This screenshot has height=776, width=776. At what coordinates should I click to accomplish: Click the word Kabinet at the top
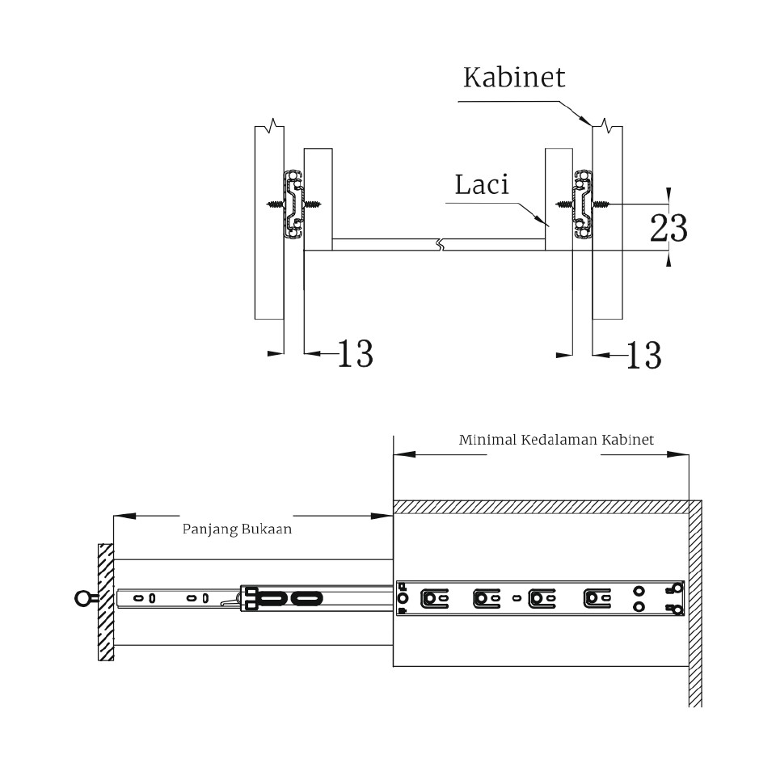(x=514, y=78)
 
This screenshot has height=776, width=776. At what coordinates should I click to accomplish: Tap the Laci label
(x=482, y=185)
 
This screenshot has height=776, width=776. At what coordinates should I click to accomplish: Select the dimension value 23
(x=668, y=229)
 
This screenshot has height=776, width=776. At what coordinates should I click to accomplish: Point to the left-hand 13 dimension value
(x=354, y=354)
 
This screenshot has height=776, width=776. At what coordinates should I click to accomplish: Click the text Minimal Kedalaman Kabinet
(x=556, y=441)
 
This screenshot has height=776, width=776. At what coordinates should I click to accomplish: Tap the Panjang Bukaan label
(x=236, y=530)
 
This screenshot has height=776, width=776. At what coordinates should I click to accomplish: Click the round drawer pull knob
(x=83, y=599)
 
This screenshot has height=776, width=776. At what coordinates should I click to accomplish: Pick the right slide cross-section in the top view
(x=581, y=205)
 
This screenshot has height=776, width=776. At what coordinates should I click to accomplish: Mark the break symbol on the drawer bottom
(x=439, y=243)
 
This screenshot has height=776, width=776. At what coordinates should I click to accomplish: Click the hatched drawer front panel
(x=106, y=601)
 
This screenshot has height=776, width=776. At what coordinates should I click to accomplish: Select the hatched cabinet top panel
(x=541, y=507)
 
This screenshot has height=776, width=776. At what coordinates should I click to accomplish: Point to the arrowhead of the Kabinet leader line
(x=588, y=121)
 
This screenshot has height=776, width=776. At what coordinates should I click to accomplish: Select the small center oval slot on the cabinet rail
(x=517, y=599)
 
